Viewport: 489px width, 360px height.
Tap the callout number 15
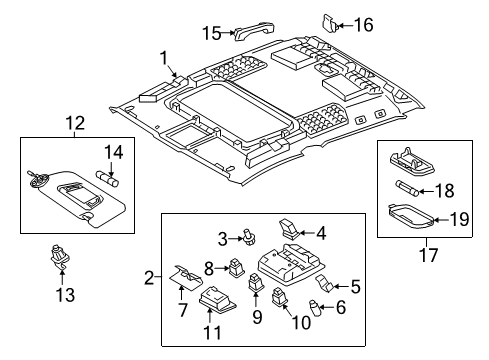[210, 33]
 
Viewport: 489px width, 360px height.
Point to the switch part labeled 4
[290, 236]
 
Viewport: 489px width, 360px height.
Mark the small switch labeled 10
[280, 297]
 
